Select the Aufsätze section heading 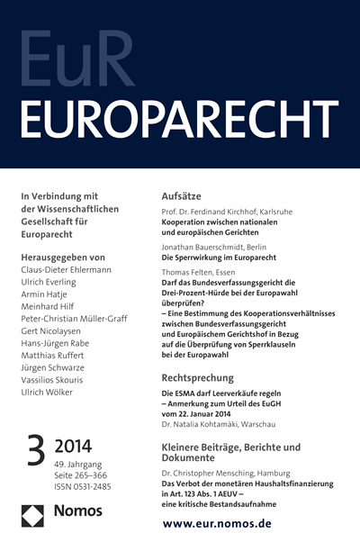coord(185,195)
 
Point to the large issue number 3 coord(34,450)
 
